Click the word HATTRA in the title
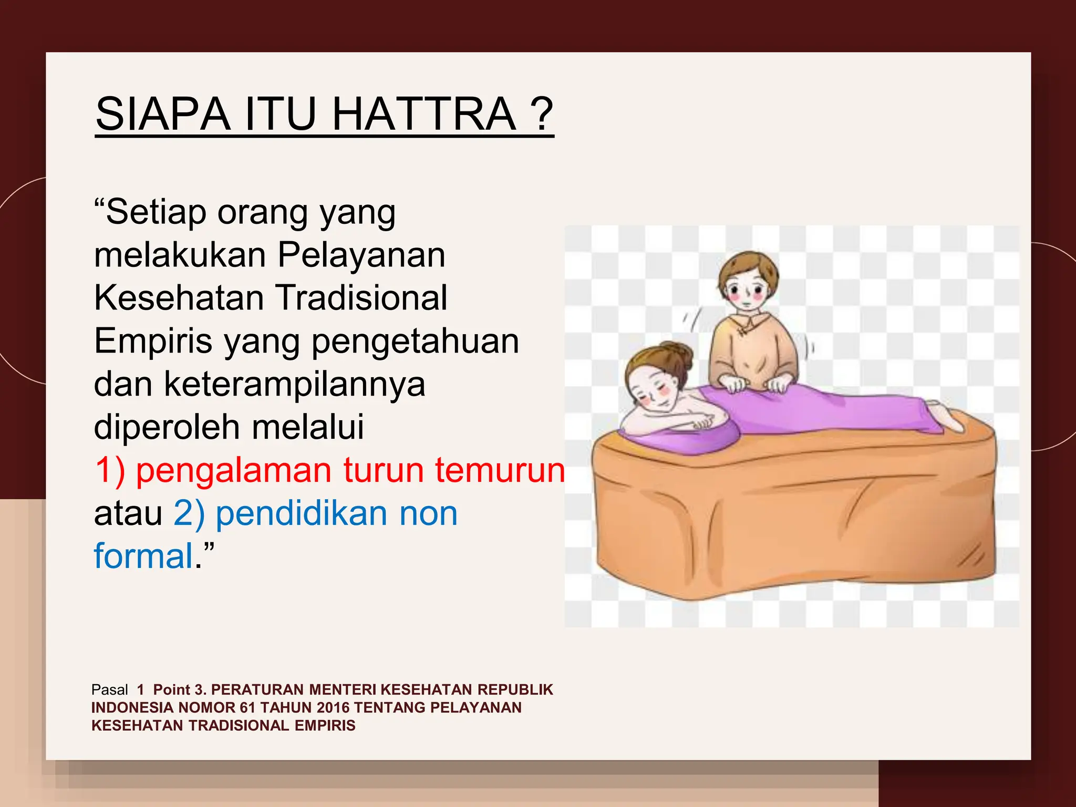pyautogui.click(x=425, y=115)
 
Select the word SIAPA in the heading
pyautogui.click(x=163, y=115)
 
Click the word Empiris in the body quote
pyautogui.click(x=153, y=342)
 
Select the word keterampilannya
pyautogui.click(x=294, y=384)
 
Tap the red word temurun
pyautogui.click(x=499, y=470)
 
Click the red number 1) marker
pyautogui.click(x=110, y=470)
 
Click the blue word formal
pyautogui.click(x=143, y=556)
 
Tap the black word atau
pyautogui.click(x=128, y=513)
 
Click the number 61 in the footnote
pyautogui.click(x=247, y=708)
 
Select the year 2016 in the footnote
pyautogui.click(x=333, y=708)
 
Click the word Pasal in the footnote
pyautogui.click(x=109, y=690)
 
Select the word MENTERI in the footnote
pyautogui.click(x=342, y=690)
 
